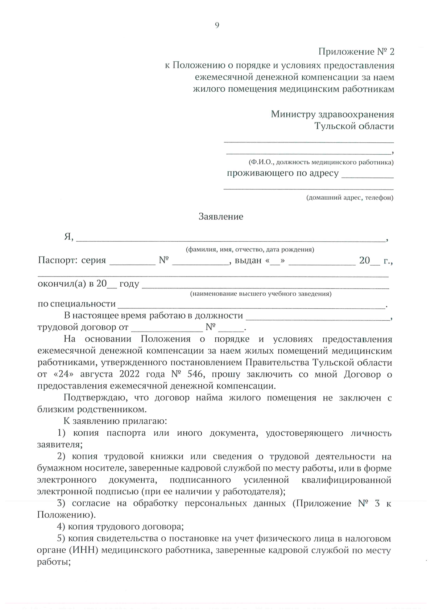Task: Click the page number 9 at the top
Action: click(217, 25)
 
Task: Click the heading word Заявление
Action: click(221, 217)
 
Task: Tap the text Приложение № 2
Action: click(356, 52)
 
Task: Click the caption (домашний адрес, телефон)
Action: click(349, 198)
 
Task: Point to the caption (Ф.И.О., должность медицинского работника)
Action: click(321, 162)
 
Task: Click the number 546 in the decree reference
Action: click(195, 374)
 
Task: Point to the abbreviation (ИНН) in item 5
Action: click(88, 550)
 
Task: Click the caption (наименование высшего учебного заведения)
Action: click(261, 294)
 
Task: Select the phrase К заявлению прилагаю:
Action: click(115, 421)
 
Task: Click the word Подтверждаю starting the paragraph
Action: click(95, 398)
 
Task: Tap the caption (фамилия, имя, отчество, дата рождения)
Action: click(250, 250)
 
